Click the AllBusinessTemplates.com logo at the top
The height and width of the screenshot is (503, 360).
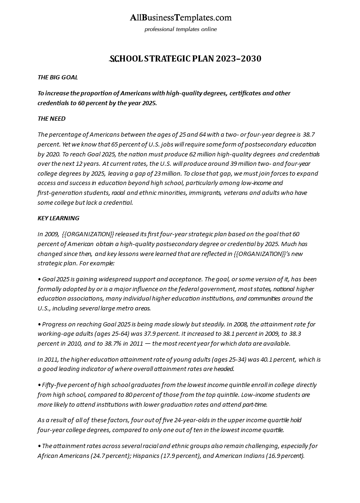point(180,18)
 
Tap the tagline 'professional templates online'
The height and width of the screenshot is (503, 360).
point(180,29)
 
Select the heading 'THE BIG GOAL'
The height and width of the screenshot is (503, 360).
point(58,77)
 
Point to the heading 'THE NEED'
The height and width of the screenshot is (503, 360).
point(52,118)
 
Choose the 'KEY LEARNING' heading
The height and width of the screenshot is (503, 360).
point(58,218)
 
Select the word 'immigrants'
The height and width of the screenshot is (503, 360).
point(204,193)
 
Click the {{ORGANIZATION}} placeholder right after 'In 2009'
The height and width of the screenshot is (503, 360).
point(88,234)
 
